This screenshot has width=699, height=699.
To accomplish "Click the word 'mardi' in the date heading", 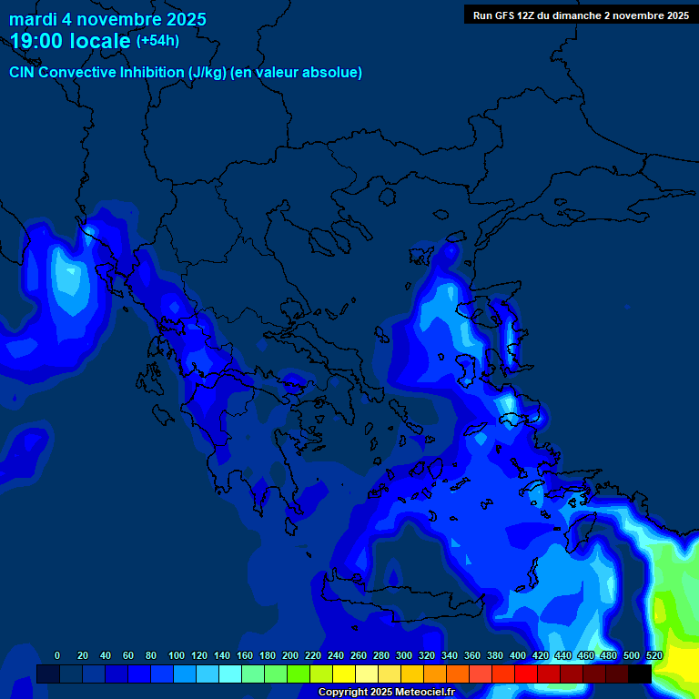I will tap(34, 19).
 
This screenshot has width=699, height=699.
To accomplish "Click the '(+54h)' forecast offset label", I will tap(157, 41).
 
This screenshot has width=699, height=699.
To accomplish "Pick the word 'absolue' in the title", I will tap(333, 72).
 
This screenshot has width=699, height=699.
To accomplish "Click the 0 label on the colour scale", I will tap(57, 655).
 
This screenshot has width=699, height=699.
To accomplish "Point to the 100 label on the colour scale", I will tap(177, 655).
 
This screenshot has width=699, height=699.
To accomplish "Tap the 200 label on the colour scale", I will tap(290, 655).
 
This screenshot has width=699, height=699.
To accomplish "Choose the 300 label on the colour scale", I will tap(404, 655).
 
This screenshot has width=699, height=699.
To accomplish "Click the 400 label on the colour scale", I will tap(518, 655).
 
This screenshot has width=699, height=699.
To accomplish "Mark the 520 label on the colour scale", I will tap(654, 655).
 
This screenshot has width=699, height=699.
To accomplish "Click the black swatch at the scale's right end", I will tap(640, 674).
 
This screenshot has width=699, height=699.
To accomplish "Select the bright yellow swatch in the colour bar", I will tap(344, 674).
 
